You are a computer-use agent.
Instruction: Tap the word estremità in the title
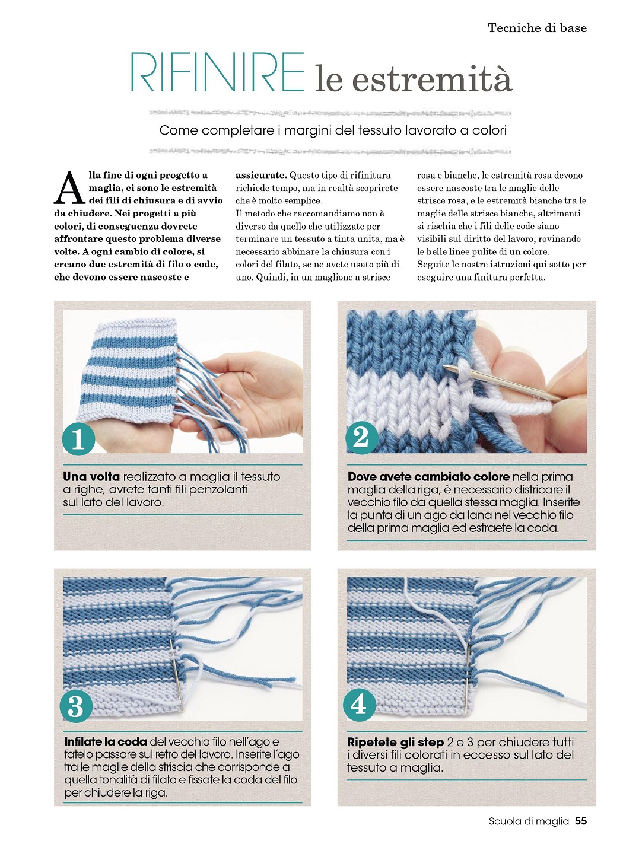point(432,78)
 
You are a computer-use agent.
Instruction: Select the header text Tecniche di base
point(538,28)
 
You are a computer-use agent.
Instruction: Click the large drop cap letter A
point(69,187)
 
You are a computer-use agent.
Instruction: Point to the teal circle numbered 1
point(78,439)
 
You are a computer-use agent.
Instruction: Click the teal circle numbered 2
point(361,437)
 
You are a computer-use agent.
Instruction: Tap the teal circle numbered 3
point(76,706)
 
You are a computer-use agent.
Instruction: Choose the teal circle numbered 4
point(359,705)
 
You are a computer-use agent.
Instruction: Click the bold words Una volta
point(91,477)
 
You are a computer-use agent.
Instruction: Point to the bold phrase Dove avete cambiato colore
point(428,477)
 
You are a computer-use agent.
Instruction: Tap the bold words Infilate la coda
point(106,742)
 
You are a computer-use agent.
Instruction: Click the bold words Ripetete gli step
point(395,742)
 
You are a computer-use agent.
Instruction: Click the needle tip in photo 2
point(445,367)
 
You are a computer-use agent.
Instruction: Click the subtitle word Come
point(179,130)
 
